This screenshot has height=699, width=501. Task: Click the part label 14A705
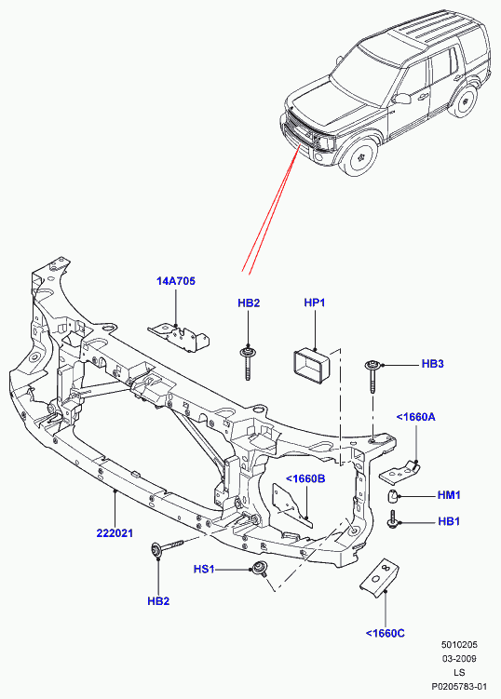(x=176, y=281)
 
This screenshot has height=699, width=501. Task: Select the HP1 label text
(x=315, y=302)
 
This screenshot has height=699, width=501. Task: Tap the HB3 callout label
(x=433, y=364)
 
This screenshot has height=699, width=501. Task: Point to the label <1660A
(x=415, y=417)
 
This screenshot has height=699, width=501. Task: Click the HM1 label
(x=449, y=495)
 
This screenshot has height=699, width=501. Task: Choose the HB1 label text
(x=449, y=521)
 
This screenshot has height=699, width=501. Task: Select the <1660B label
(x=305, y=478)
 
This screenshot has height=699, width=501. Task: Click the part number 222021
(x=115, y=533)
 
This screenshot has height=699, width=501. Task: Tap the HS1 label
(x=204, y=570)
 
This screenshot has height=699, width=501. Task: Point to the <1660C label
(x=385, y=633)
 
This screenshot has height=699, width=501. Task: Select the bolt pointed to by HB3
(x=372, y=376)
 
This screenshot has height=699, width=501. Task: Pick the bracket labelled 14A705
(x=180, y=338)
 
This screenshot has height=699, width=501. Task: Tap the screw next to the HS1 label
(x=258, y=570)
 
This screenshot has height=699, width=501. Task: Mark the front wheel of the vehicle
(x=359, y=156)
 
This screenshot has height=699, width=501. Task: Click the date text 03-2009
(x=459, y=658)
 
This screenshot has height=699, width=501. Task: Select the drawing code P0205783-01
(x=459, y=687)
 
